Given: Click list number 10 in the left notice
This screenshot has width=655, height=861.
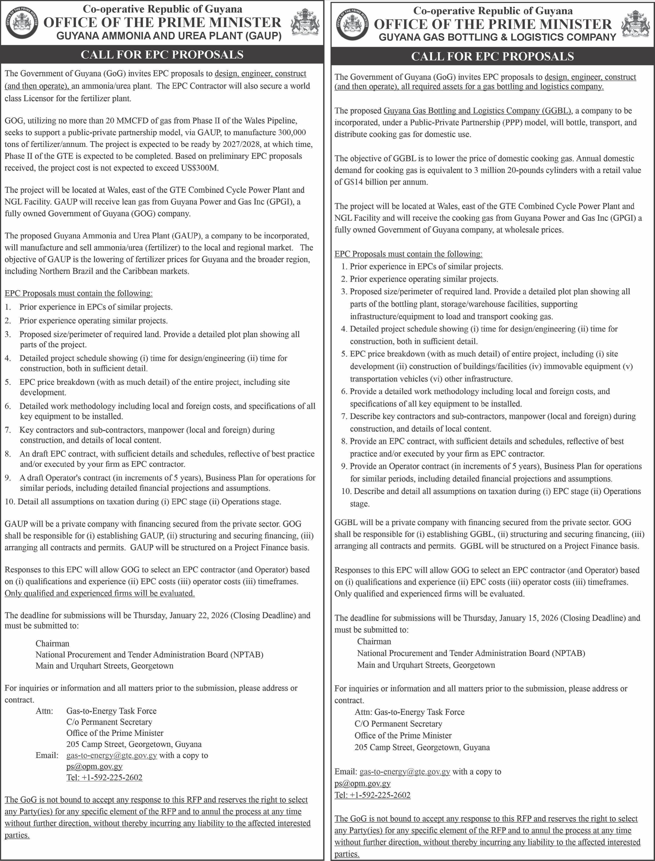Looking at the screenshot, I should click(x=10, y=502).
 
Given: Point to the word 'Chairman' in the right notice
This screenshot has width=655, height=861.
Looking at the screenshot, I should click(x=374, y=641).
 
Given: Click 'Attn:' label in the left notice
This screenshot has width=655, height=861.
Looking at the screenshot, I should click(x=44, y=711).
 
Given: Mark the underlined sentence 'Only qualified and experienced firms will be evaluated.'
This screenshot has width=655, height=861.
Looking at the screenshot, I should click(x=99, y=593).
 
